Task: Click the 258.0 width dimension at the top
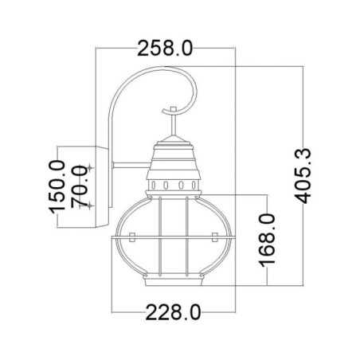[166, 49]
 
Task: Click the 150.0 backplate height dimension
[57, 186]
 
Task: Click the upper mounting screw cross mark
[92, 167]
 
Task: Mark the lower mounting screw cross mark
[92, 205]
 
